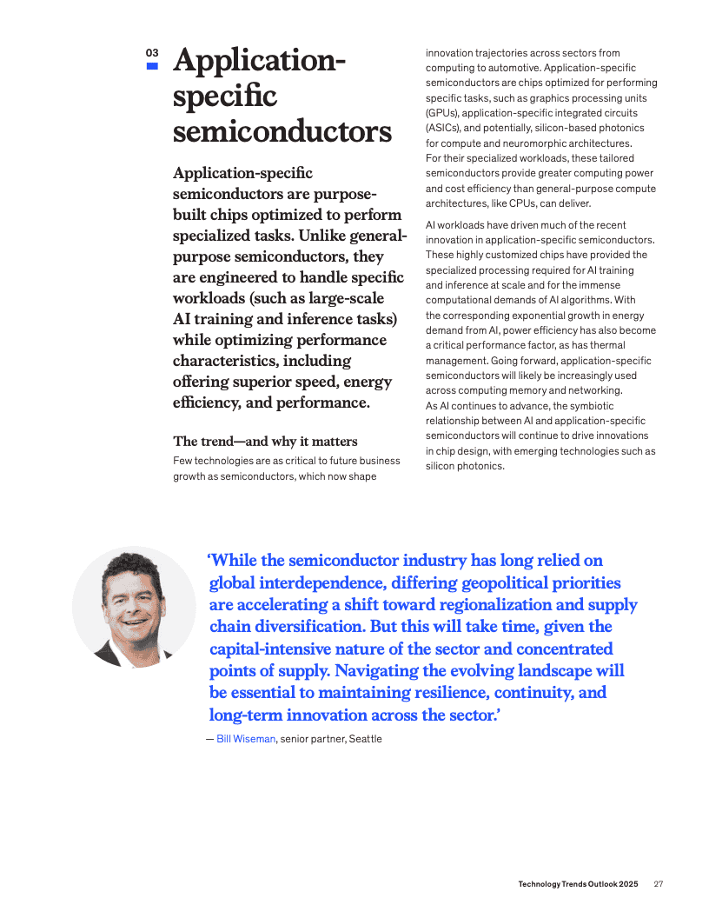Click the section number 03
152,53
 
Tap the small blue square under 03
152,65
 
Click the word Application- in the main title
260,62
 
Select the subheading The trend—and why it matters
265,441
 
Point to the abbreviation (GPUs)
441,113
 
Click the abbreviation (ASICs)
442,128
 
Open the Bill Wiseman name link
246,739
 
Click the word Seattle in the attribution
365,739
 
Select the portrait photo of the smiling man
134,607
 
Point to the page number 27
659,884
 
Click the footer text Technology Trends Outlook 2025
578,884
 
